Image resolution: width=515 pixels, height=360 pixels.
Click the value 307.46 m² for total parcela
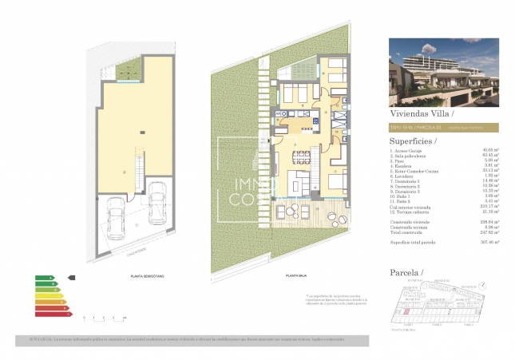[489, 241]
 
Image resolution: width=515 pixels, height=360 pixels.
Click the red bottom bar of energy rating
[52, 312]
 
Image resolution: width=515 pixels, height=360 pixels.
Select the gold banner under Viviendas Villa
[443, 126]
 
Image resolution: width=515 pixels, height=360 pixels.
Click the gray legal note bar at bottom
[192, 339]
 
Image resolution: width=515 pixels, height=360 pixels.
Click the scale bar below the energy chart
[104, 317]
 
